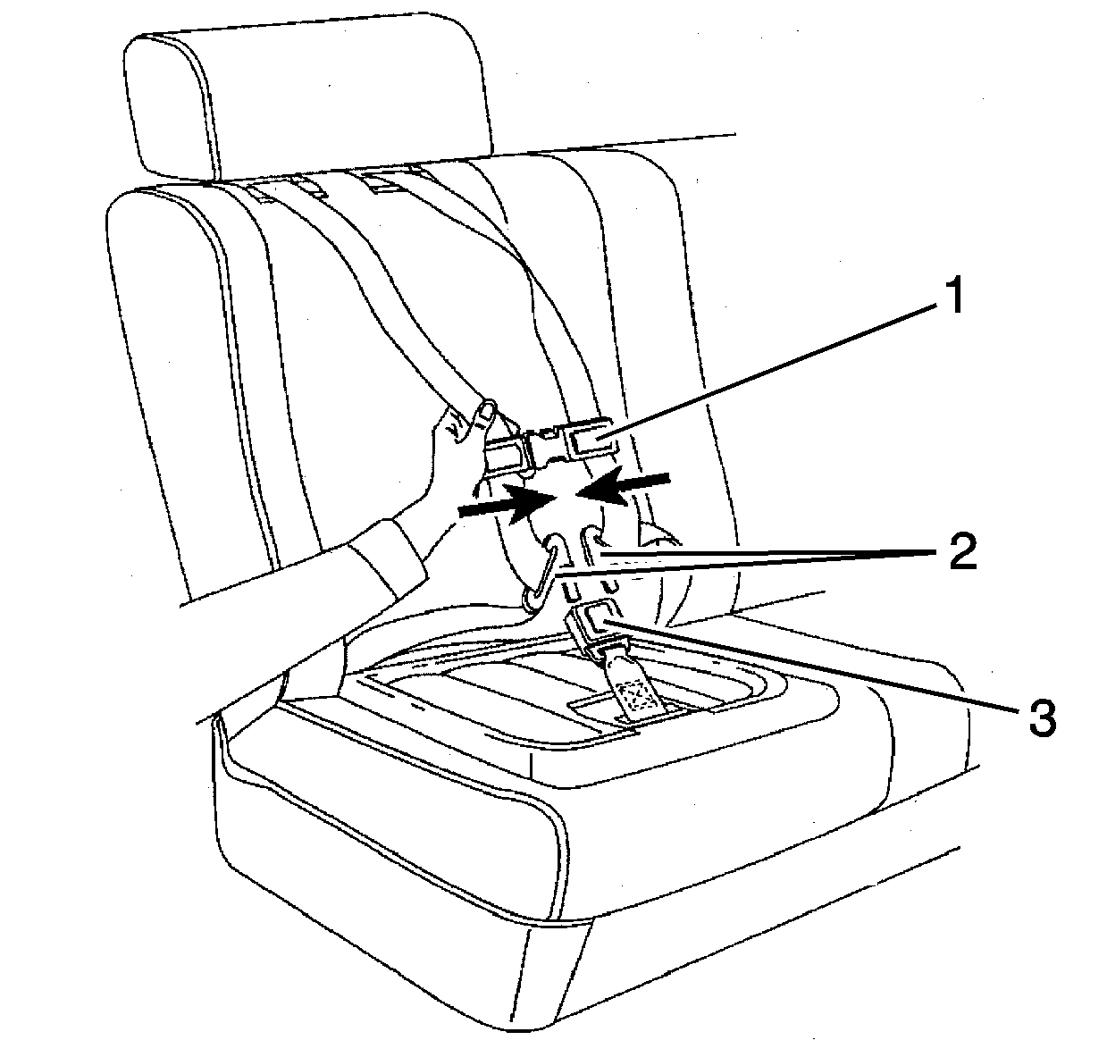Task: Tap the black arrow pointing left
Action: (624, 485)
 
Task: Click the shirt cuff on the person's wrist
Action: (387, 555)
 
